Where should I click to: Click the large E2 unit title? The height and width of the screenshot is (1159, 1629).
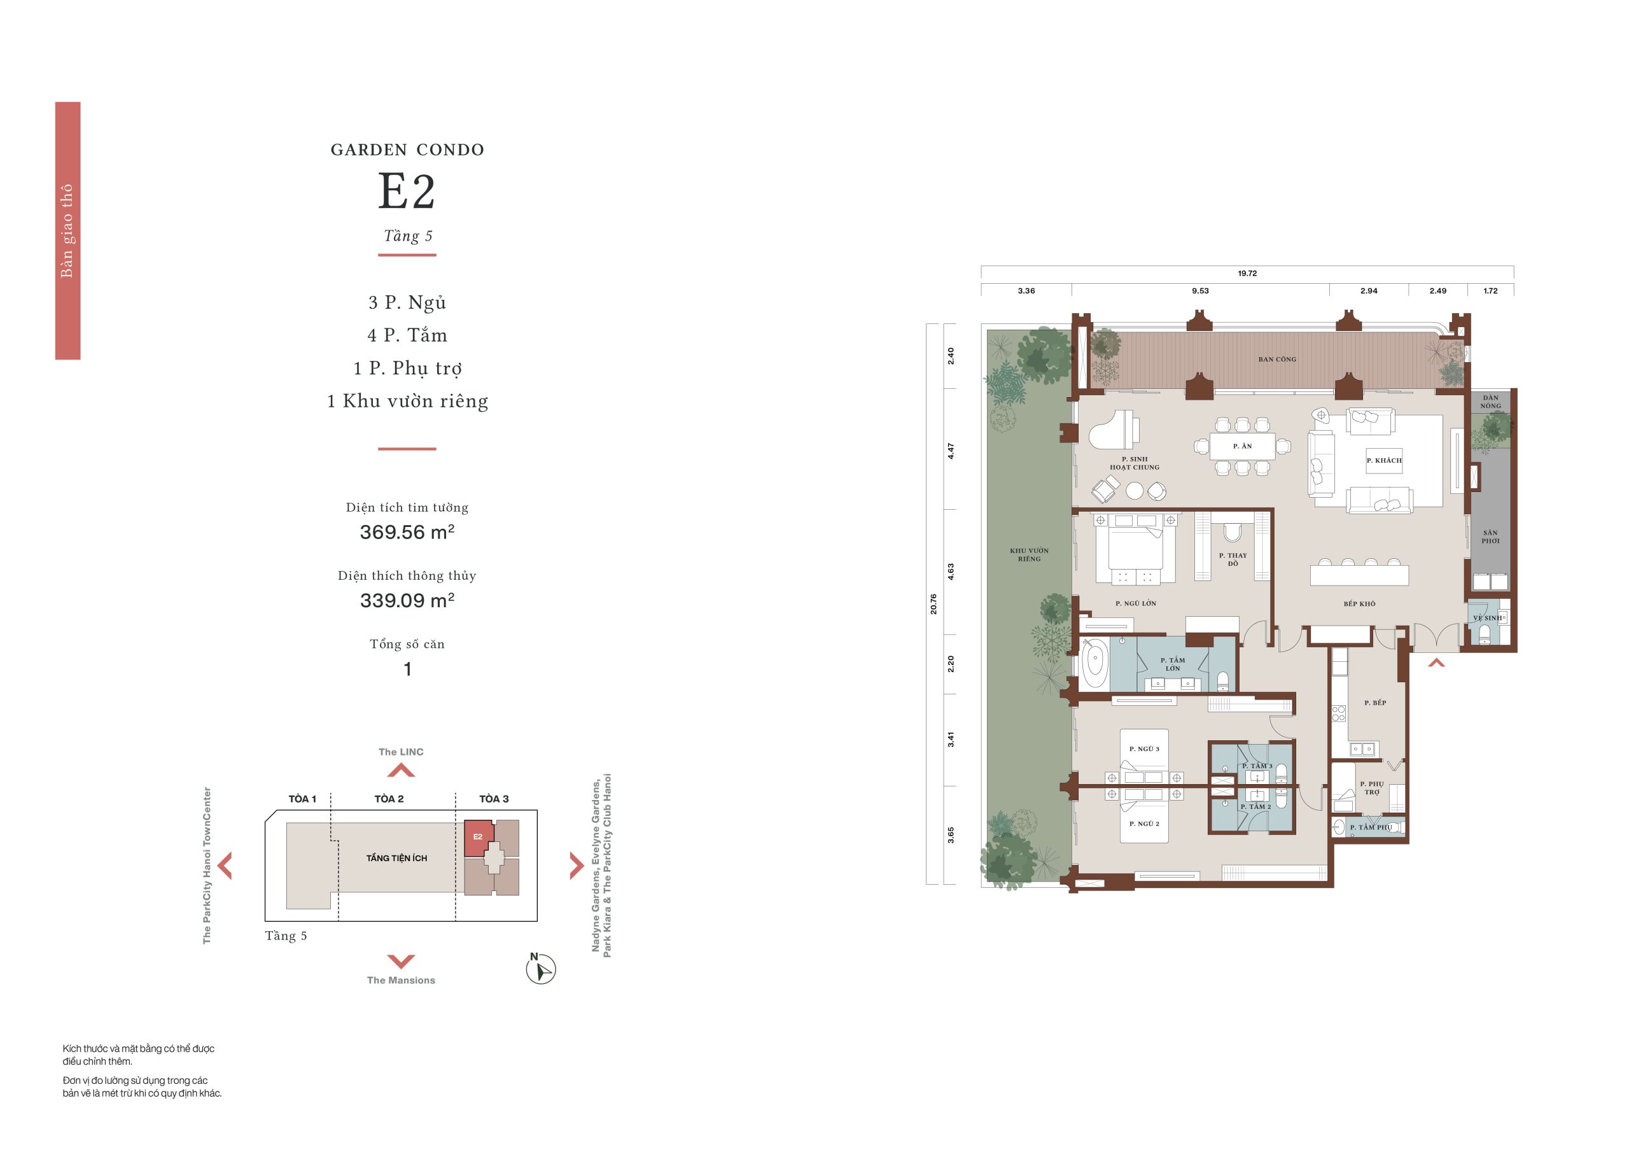click(406, 192)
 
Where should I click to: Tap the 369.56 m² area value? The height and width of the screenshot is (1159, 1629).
click(407, 531)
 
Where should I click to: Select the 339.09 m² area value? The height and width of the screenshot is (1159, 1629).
click(407, 600)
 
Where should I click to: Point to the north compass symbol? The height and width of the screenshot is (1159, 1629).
click(540, 969)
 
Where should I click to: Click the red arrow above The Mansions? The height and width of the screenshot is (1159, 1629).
click(400, 960)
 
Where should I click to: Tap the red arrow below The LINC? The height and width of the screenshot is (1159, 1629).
click(400, 770)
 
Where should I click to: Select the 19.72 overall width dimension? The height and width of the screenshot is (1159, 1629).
click(1247, 273)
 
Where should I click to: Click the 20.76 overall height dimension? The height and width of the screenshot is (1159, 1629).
click(933, 604)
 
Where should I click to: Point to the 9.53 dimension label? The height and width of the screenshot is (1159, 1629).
click(1200, 290)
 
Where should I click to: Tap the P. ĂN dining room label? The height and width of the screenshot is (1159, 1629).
click(1242, 446)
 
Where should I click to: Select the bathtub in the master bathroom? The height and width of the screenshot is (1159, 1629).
click(1093, 663)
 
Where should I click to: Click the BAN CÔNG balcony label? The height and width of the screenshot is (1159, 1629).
click(1277, 359)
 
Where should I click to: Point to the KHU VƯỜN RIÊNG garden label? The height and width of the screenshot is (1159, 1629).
click(1029, 554)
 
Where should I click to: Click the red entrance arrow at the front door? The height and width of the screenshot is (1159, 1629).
click(1436, 663)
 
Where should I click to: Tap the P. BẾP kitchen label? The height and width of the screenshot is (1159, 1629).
click(1375, 703)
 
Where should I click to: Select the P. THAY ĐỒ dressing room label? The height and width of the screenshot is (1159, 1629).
click(1233, 559)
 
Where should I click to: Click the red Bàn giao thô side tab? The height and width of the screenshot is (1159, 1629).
click(68, 230)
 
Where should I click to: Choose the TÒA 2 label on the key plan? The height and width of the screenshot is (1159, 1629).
click(389, 799)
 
